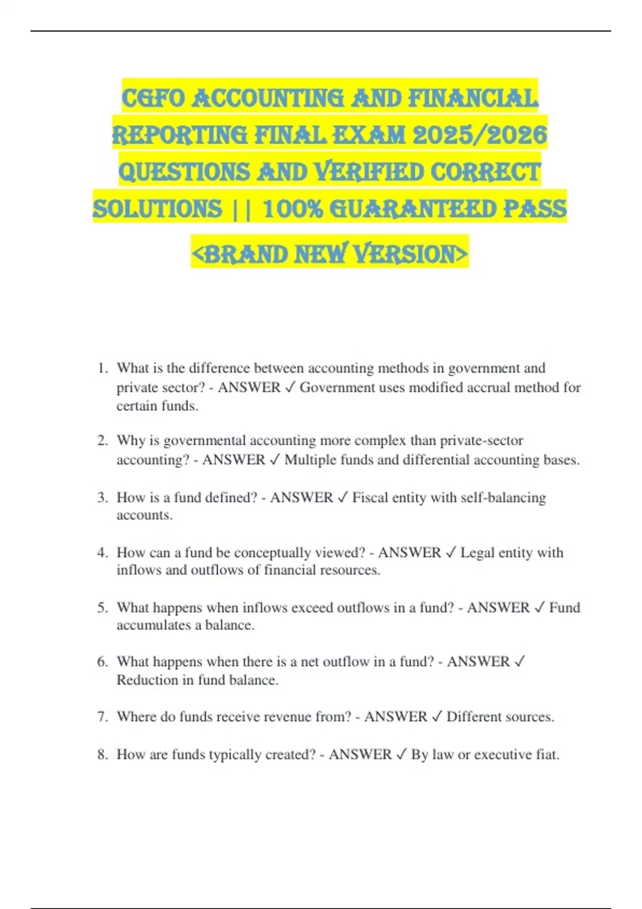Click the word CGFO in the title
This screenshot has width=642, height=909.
point(153,99)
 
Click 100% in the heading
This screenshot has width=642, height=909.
point(293,209)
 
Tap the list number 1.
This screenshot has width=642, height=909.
point(102,368)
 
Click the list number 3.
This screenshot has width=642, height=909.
point(102,498)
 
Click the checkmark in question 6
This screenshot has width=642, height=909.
point(519,662)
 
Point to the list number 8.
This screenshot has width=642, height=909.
point(102,754)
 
